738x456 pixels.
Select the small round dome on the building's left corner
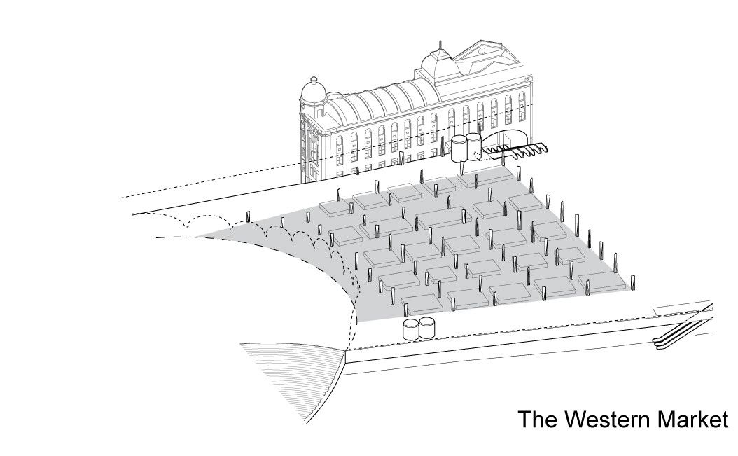[x=312, y=90]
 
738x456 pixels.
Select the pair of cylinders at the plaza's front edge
[x=419, y=328]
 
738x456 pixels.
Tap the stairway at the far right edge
[x=682, y=329]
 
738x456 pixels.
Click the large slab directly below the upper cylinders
[x=482, y=177]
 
